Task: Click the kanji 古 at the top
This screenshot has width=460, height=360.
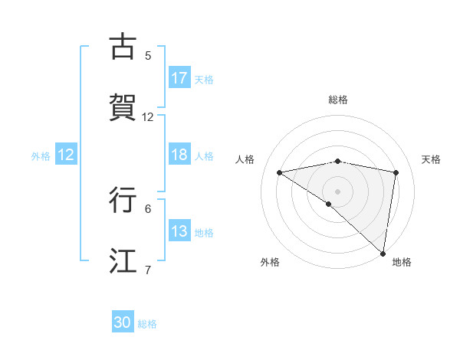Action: (x=122, y=47)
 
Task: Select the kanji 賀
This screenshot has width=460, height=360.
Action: (x=122, y=107)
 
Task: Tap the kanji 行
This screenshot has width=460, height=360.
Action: (x=122, y=200)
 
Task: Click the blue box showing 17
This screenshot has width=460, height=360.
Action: (x=179, y=78)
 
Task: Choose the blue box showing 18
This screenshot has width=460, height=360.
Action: (x=179, y=155)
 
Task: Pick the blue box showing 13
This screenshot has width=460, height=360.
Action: (x=179, y=232)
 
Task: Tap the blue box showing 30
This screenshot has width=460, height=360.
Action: (x=123, y=323)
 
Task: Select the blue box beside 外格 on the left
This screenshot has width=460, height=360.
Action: (x=66, y=155)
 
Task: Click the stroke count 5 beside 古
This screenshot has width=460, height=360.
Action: (x=148, y=55)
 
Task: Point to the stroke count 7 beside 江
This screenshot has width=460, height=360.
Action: (x=148, y=270)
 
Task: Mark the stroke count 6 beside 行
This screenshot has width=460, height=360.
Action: (x=148, y=208)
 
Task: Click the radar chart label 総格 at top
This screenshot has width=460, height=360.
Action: (x=338, y=100)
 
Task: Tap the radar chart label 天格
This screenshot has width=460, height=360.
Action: (x=432, y=159)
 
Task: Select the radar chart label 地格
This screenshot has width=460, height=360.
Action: (x=402, y=263)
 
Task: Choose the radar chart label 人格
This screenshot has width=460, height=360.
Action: (x=245, y=159)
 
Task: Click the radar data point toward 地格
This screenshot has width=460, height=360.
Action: (x=384, y=253)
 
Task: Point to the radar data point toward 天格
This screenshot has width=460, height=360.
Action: (x=396, y=172)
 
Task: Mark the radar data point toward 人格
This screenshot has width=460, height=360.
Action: (x=280, y=172)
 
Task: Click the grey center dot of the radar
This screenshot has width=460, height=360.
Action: (x=338, y=191)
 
